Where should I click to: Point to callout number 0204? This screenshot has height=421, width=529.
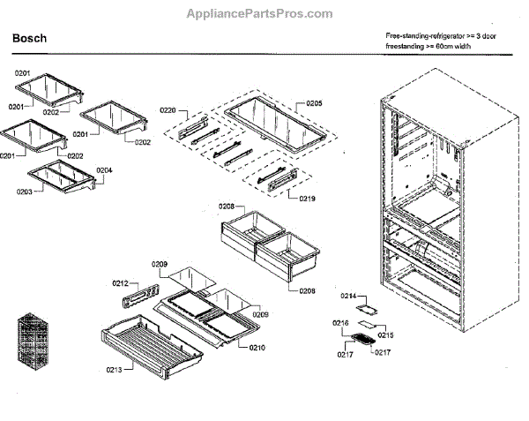[x=104, y=170]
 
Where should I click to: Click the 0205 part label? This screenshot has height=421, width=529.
[x=314, y=103]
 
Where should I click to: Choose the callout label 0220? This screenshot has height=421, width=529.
[x=168, y=110]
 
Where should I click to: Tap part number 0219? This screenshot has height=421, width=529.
[x=307, y=199]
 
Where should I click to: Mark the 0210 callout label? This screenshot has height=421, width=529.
[x=257, y=348]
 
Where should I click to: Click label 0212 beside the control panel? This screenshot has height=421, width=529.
[x=121, y=283]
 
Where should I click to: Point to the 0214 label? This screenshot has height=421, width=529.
[x=348, y=297]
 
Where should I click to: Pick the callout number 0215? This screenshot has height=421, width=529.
[x=385, y=336]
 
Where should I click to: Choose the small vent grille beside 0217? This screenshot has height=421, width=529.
[x=361, y=339]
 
